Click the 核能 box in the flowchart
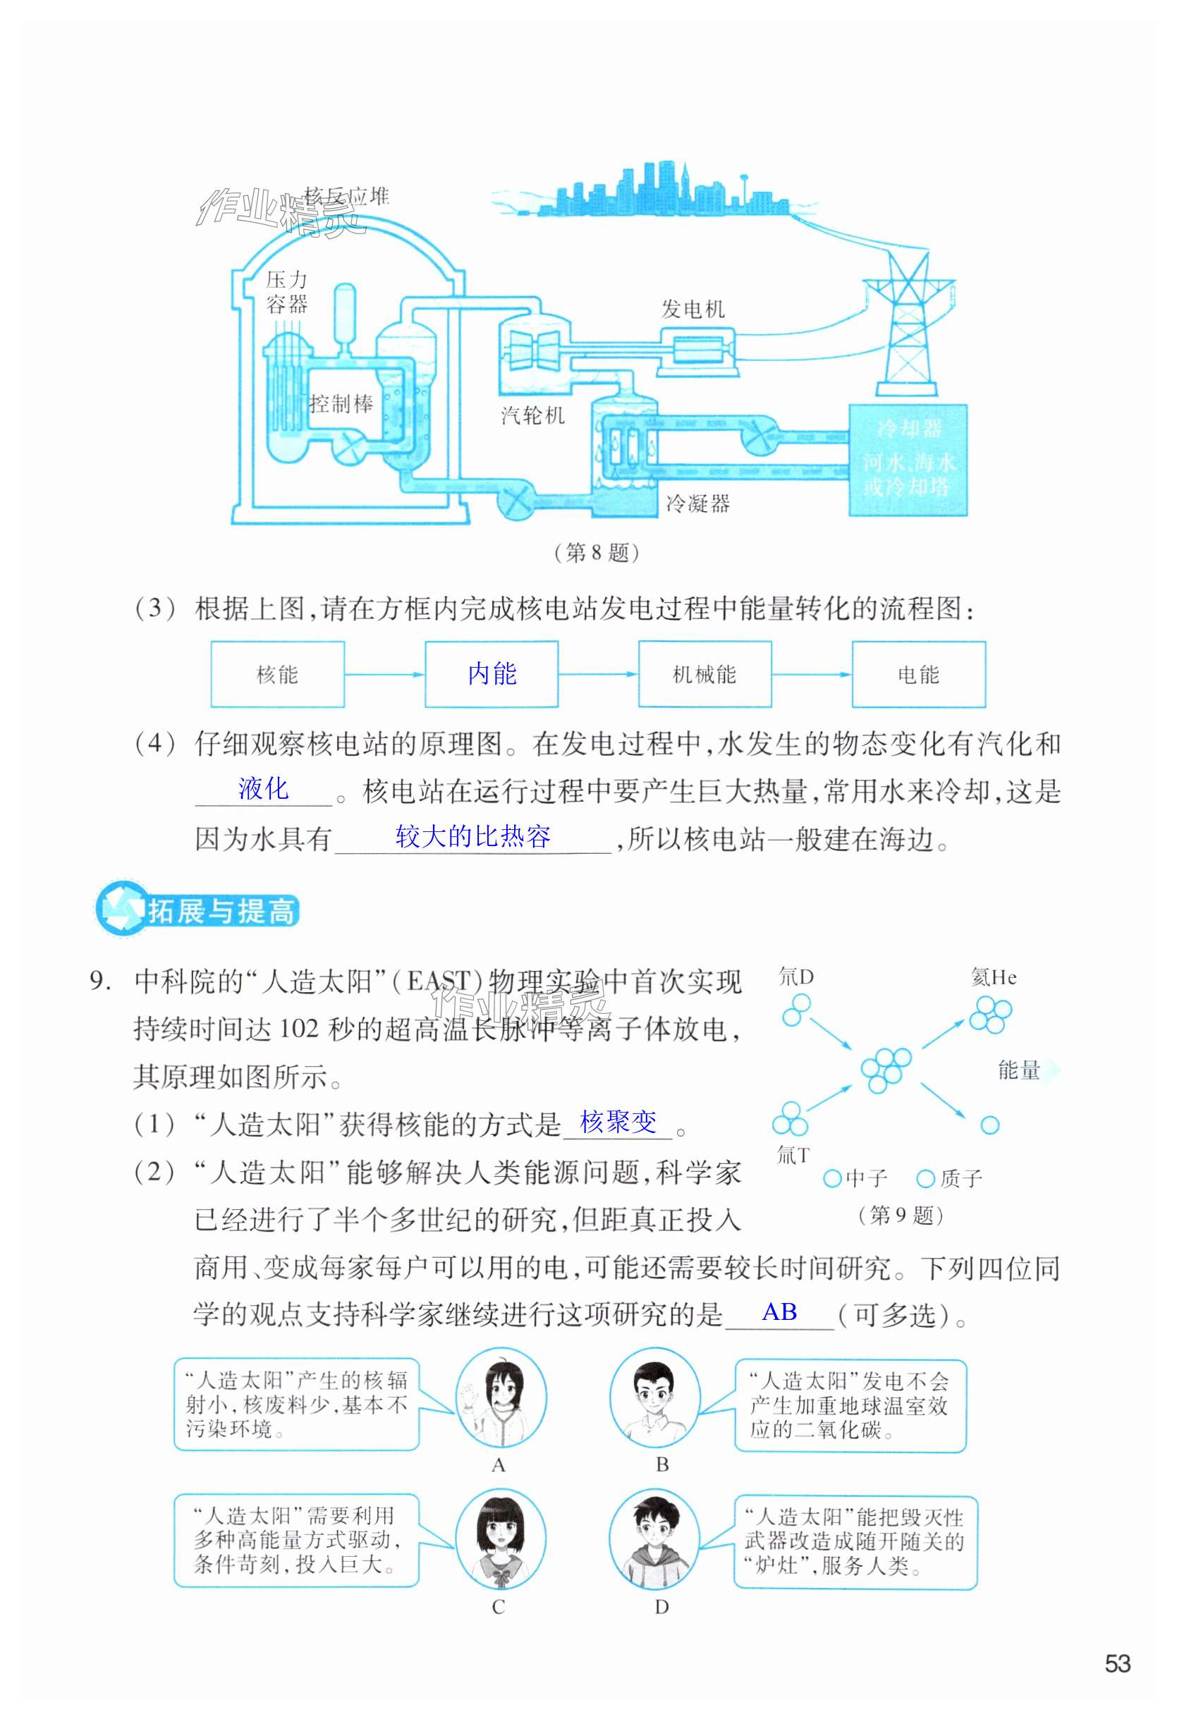[x=277, y=674]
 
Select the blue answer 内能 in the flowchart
[x=492, y=674]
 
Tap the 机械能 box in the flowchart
[x=705, y=674]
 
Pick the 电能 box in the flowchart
[x=918, y=674]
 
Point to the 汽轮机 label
[x=532, y=416]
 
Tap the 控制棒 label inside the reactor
[x=342, y=404]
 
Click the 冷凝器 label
[x=697, y=503]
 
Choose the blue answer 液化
[x=263, y=788]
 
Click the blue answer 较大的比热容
[x=472, y=836]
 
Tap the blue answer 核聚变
[x=618, y=1122]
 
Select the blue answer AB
[x=779, y=1312]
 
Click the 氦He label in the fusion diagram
[x=994, y=978]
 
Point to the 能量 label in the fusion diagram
[x=1020, y=1070]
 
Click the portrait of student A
[x=501, y=1397]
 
